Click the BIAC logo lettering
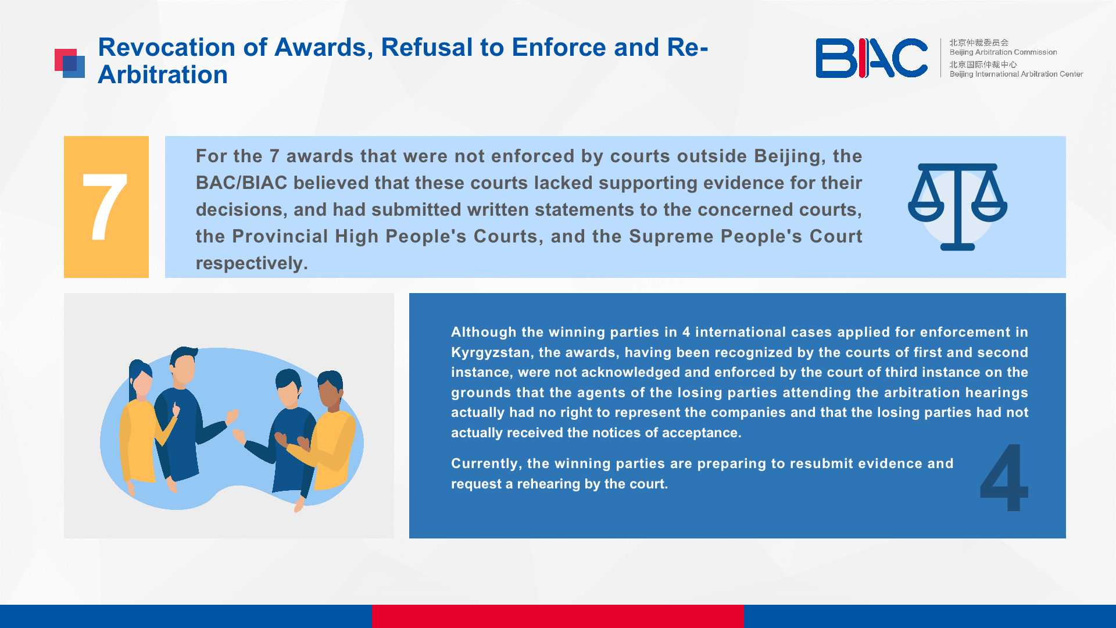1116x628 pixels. click(x=871, y=58)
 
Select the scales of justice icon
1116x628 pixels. click(x=957, y=207)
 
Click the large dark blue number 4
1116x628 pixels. click(x=1004, y=477)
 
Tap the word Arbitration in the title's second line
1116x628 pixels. click(x=163, y=75)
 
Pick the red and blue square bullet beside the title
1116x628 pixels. click(x=70, y=63)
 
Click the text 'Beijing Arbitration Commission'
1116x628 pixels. click(x=1003, y=52)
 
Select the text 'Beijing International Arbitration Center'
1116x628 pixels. click(x=1016, y=74)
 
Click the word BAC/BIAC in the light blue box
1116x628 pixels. click(x=241, y=183)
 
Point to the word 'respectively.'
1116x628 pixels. click(x=252, y=263)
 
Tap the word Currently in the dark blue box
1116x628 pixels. click(x=485, y=464)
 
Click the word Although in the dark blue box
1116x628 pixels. click(x=484, y=332)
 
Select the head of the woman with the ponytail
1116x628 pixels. click(x=139, y=379)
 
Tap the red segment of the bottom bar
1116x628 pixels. click(x=558, y=616)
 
